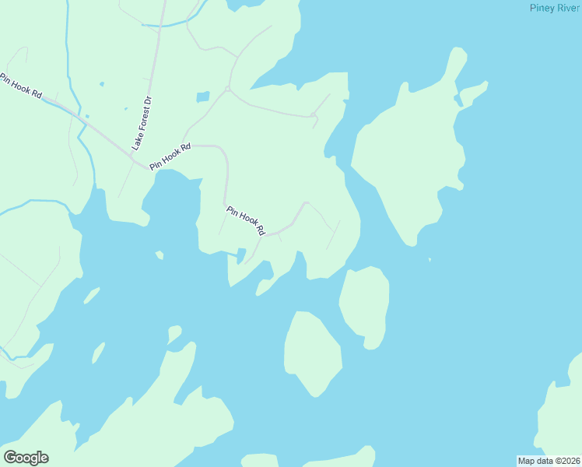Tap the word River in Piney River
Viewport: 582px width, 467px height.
(x=568, y=8)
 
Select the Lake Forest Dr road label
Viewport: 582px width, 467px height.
(x=141, y=123)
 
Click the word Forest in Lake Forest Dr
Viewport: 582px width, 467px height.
(x=142, y=121)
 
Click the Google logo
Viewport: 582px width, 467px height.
(x=26, y=458)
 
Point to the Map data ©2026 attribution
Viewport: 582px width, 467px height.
(x=549, y=461)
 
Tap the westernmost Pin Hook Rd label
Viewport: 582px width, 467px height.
(x=20, y=86)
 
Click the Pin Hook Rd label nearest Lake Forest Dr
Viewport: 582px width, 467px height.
(x=170, y=157)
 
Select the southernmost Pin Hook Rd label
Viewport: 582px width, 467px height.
(x=246, y=220)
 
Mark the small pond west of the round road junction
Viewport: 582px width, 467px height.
(x=203, y=97)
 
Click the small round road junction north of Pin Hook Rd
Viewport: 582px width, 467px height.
(x=227, y=89)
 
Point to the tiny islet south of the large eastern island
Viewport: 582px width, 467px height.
(x=429, y=260)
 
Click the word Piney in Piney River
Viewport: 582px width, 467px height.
(x=542, y=8)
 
